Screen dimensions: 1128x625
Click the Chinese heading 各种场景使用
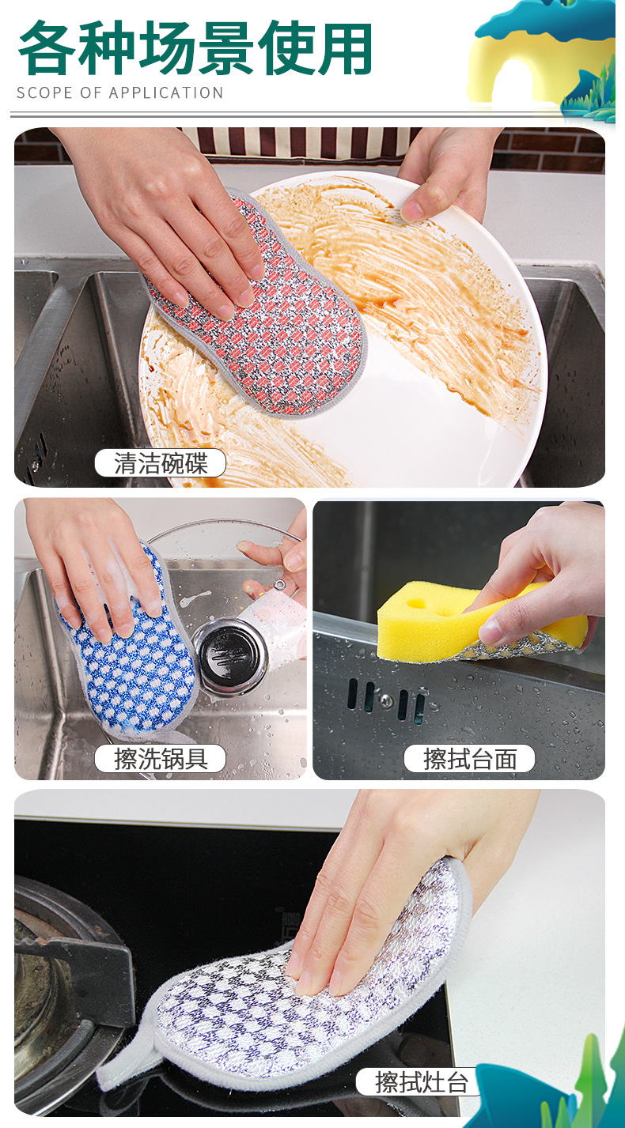(x=195, y=50)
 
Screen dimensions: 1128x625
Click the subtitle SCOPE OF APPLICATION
(x=119, y=93)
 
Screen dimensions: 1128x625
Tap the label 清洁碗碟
(x=160, y=463)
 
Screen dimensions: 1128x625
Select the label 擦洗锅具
(x=160, y=759)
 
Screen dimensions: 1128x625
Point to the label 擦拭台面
(x=469, y=759)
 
